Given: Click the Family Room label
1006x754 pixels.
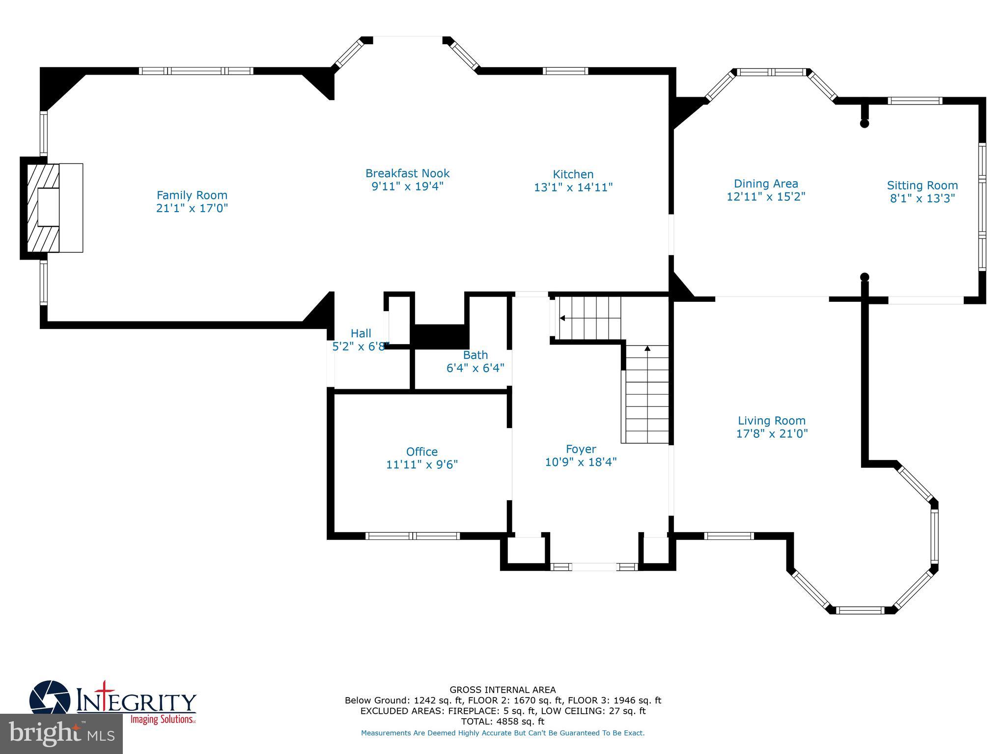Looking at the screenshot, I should point(192,195).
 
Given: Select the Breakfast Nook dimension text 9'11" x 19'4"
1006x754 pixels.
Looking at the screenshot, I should point(407,187).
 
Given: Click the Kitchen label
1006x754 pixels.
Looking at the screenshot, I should point(573,174).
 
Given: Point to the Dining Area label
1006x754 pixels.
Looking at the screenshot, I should point(765,184).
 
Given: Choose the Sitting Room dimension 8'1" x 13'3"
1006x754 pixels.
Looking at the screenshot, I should point(922,198).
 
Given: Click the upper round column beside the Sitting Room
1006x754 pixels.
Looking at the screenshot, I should point(865,124).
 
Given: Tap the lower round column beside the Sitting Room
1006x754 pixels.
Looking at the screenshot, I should point(865,277).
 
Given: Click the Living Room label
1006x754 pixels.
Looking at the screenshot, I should point(771,421).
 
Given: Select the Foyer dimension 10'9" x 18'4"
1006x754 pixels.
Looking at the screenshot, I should point(581,462).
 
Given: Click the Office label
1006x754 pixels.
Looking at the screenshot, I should point(421,452).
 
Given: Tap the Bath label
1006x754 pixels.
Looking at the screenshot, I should point(475,355).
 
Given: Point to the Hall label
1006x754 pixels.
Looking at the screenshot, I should point(361,334).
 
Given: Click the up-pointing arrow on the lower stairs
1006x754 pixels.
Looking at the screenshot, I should point(647,349).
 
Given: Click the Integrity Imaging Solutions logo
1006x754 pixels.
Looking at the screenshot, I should point(113,702).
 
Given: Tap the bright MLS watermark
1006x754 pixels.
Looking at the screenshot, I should point(61,734).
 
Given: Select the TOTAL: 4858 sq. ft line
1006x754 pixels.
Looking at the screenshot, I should point(503,722).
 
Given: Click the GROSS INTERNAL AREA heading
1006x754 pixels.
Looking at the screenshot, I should point(503,690).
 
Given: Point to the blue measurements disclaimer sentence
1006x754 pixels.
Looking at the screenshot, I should point(503,733).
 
